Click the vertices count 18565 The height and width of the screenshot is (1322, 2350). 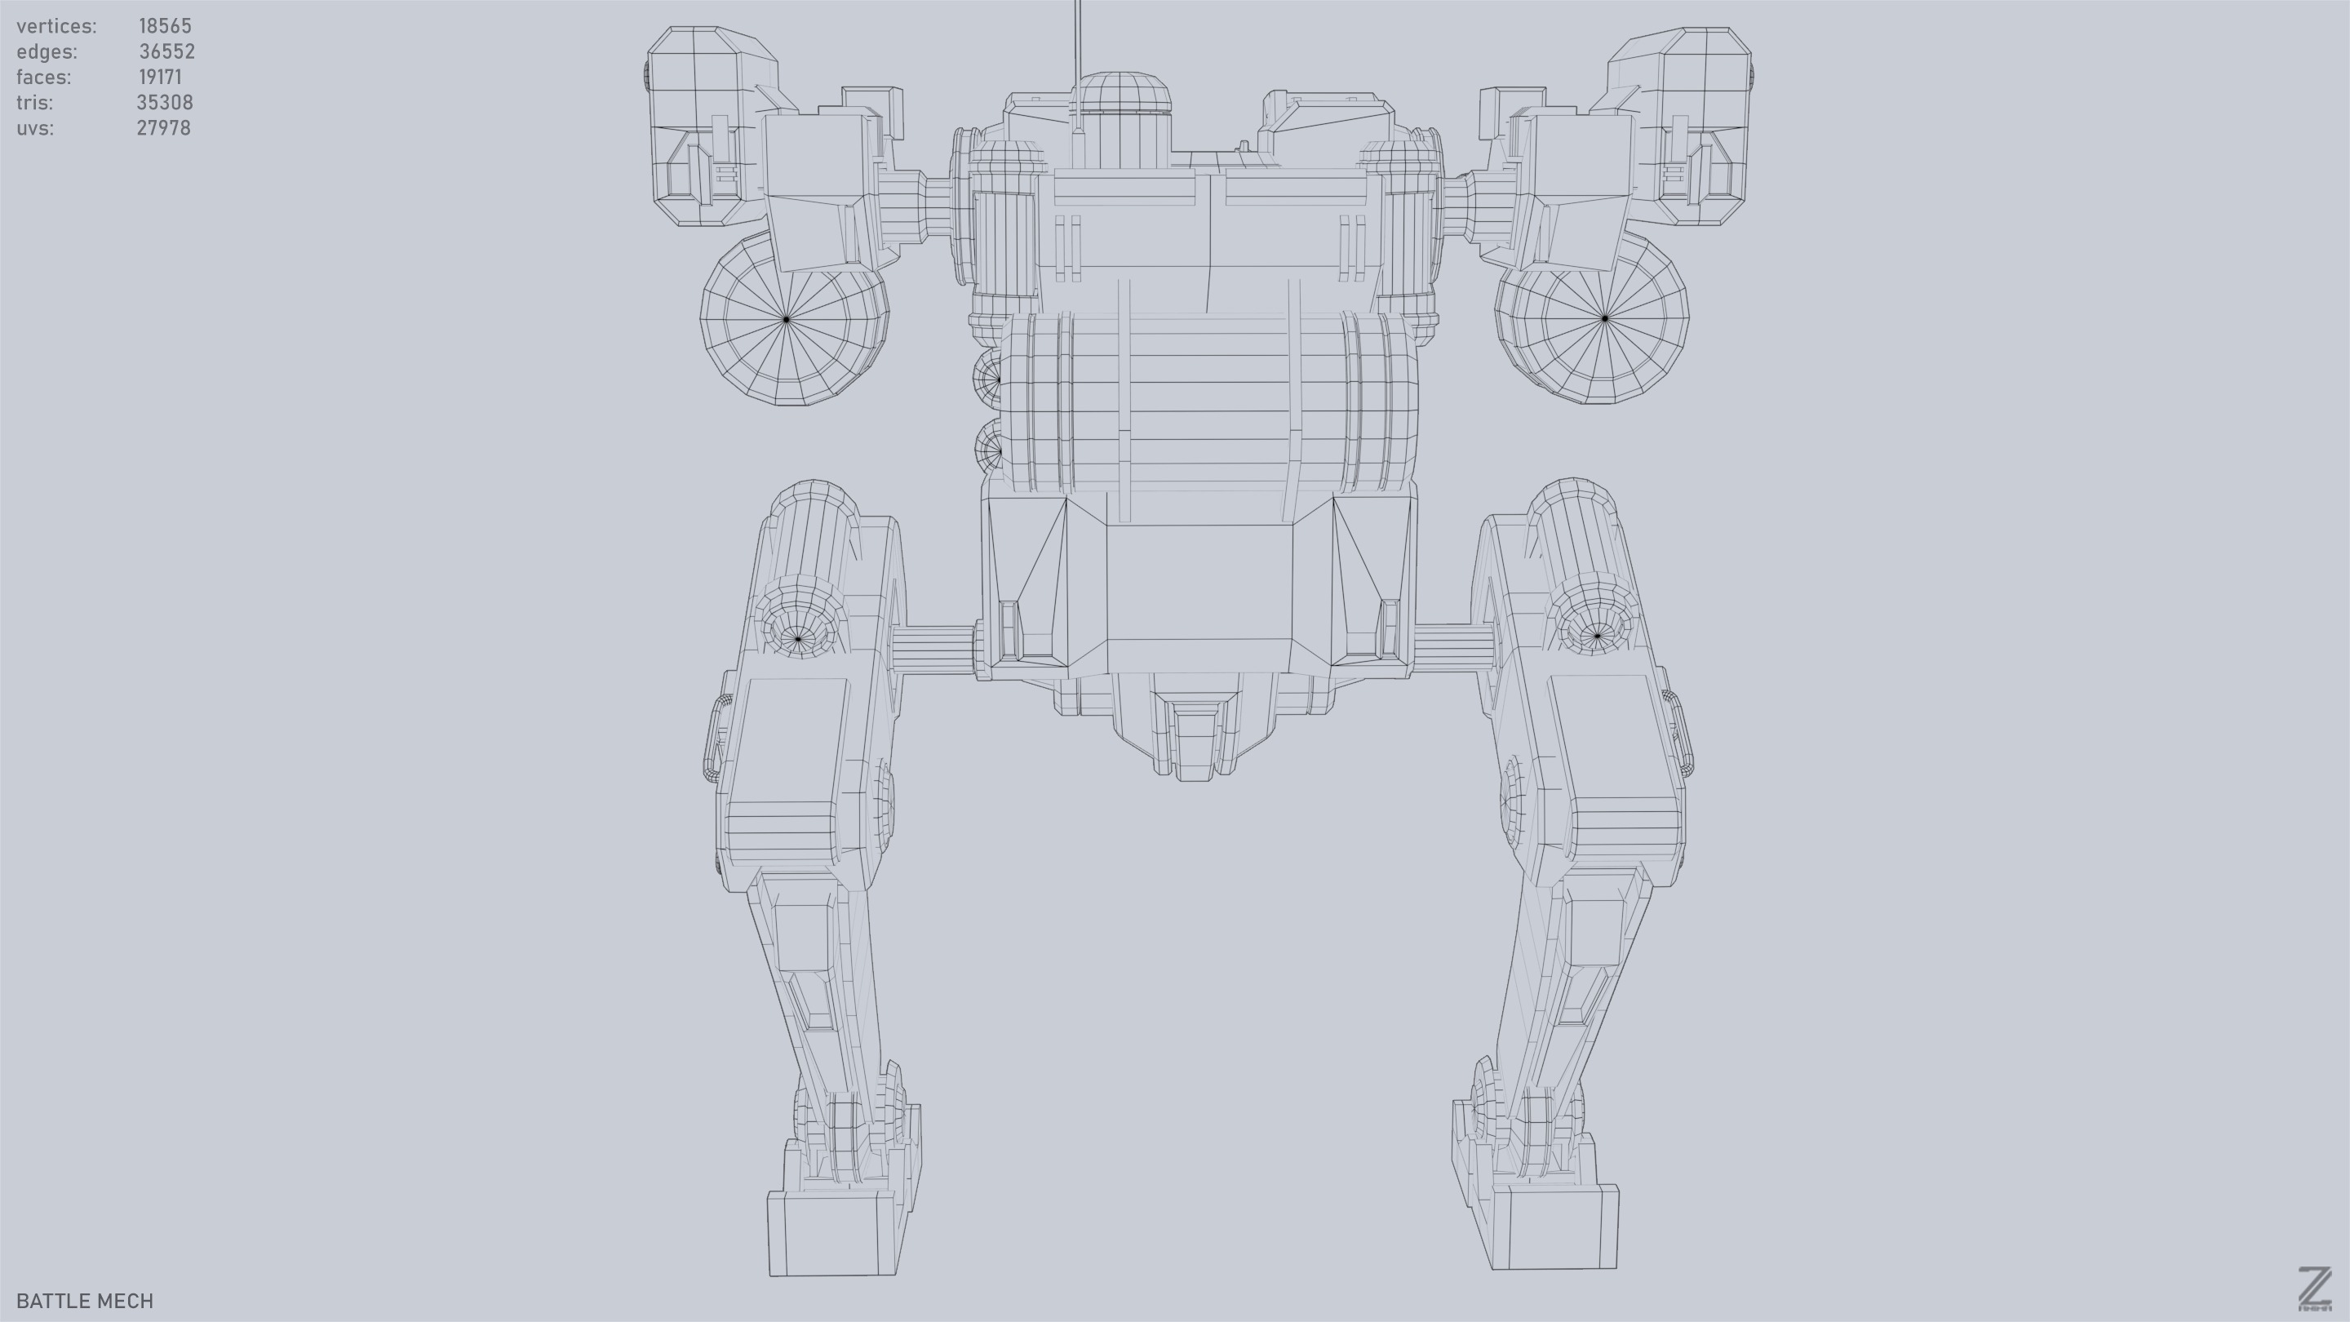point(165,25)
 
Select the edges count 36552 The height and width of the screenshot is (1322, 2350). point(167,51)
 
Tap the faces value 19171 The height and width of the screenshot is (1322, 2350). point(161,77)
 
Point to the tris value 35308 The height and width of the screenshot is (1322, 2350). point(164,102)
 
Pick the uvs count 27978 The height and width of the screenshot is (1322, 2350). point(164,128)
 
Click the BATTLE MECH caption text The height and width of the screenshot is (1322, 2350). point(85,1301)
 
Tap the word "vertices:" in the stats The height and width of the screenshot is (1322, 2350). point(56,25)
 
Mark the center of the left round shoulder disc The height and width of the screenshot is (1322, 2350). point(787,318)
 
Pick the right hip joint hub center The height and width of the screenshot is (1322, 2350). point(1598,635)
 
